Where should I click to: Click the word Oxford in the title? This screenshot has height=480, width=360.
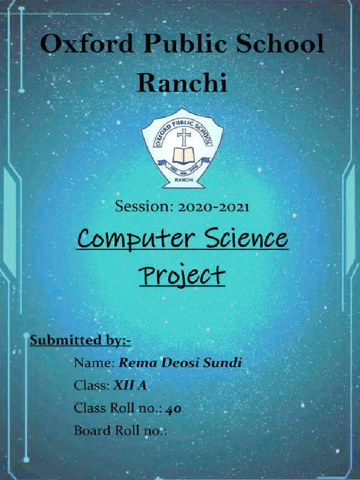pyautogui.click(x=86, y=45)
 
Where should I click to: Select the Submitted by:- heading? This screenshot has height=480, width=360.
pyautogui.click(x=80, y=340)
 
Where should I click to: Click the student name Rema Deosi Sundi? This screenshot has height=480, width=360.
pyautogui.click(x=180, y=362)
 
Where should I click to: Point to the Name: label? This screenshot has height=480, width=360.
pyautogui.click(x=94, y=362)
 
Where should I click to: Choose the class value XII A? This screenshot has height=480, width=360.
pyautogui.click(x=130, y=385)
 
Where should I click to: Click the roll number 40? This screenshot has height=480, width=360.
pyautogui.click(x=173, y=408)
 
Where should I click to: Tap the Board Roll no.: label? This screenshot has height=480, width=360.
pyautogui.click(x=120, y=430)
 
